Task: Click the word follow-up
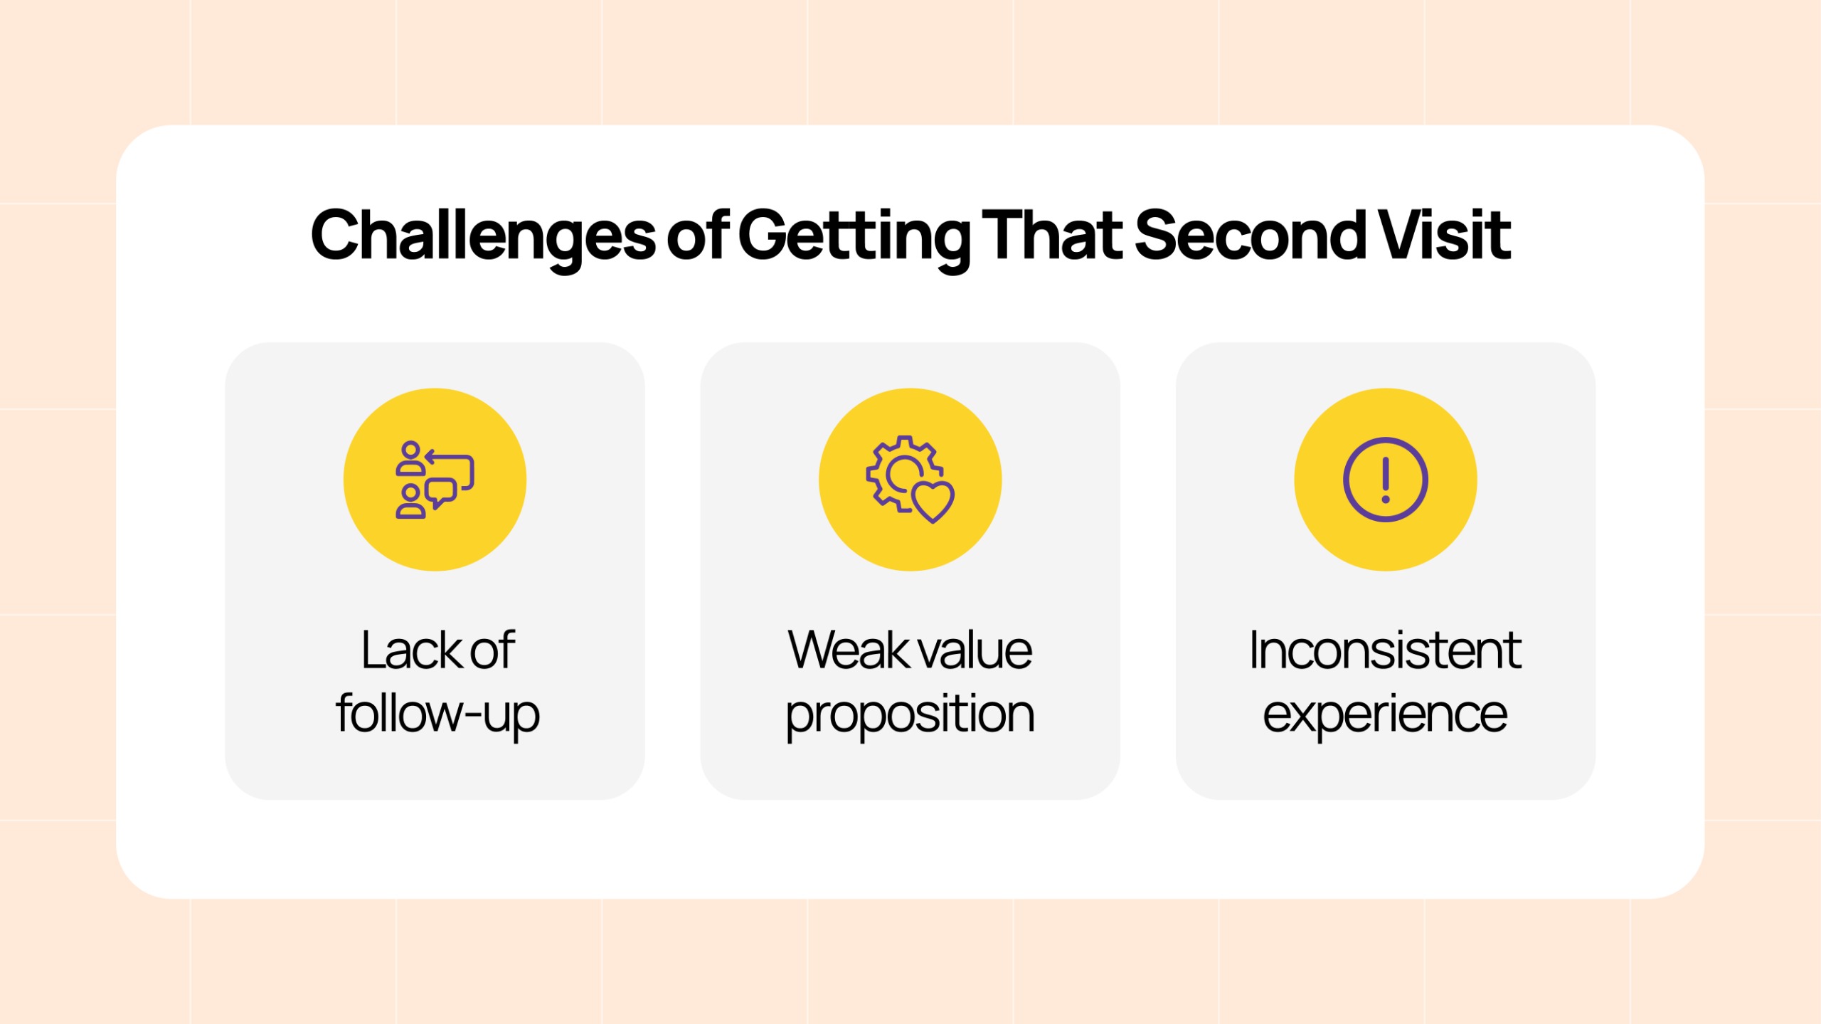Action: coord(437,714)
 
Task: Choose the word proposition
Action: coord(910,716)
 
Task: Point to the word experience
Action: coord(1385,716)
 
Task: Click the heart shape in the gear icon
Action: coord(933,502)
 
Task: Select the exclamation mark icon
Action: coord(1385,480)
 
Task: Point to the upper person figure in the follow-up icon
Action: coord(410,458)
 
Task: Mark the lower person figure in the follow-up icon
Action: coord(410,501)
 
